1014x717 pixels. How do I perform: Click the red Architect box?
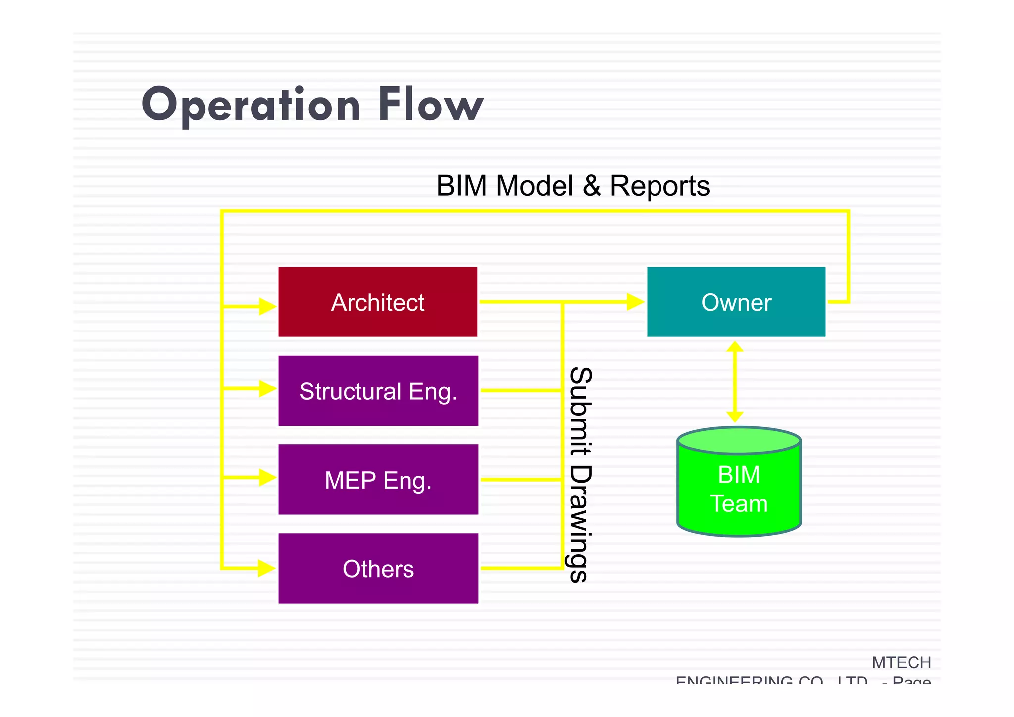(378, 302)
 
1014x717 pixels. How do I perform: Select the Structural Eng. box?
(378, 391)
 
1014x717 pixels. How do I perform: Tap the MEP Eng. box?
(378, 480)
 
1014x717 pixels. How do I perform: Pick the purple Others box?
(378, 568)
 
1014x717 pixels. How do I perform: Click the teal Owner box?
(736, 302)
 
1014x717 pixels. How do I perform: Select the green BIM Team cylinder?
(739, 488)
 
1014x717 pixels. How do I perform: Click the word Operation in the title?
(251, 105)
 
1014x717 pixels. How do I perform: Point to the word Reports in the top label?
(659, 186)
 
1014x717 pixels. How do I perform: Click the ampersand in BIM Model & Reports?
(591, 186)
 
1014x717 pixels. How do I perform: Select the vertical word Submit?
(580, 411)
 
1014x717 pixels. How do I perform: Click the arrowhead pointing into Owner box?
(635, 301)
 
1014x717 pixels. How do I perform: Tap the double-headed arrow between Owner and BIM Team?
(735, 382)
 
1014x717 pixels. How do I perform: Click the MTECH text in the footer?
(901, 662)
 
